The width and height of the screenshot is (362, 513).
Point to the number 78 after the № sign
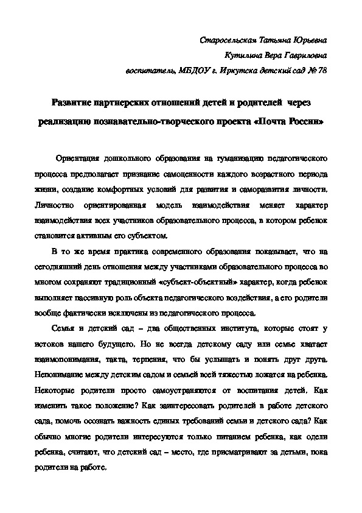coord(322,71)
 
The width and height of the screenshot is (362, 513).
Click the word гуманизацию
coord(234,158)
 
